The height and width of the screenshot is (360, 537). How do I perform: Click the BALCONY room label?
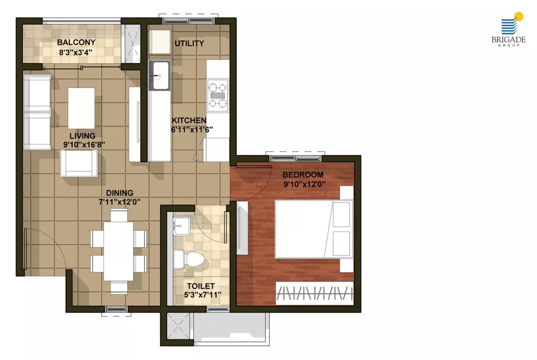pyautogui.click(x=76, y=42)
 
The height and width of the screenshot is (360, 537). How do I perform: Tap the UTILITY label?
pyautogui.click(x=189, y=43)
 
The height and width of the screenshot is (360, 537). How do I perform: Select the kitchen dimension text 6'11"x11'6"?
pyautogui.click(x=192, y=129)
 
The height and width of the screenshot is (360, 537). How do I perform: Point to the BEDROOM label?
pyautogui.click(x=303, y=174)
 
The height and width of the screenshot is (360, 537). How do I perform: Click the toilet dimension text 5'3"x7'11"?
pyautogui.click(x=202, y=295)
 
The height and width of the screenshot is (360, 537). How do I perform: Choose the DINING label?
pyautogui.click(x=120, y=193)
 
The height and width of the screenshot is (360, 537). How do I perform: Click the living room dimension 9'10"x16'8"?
pyautogui.click(x=84, y=145)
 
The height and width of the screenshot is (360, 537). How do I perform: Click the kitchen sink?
pyautogui.click(x=159, y=75)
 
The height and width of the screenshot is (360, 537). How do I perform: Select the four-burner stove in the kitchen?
pyautogui.click(x=218, y=95)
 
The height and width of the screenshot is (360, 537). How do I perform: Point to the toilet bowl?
pyautogui.click(x=189, y=259)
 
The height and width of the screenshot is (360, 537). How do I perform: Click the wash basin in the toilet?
pyautogui.click(x=182, y=225)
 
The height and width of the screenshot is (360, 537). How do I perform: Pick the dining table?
pyautogui.click(x=119, y=251)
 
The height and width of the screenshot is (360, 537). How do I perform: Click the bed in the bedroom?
pyautogui.click(x=314, y=229)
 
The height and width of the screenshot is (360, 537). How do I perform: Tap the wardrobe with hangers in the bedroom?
pyautogui.click(x=314, y=293)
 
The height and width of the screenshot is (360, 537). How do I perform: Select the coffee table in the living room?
pyautogui.click(x=81, y=108)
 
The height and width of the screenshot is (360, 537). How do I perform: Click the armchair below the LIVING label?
pyautogui.click(x=78, y=163)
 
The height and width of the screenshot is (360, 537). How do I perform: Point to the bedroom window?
pyautogui.click(x=295, y=158)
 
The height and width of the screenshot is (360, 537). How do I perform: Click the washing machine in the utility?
pyautogui.click(x=160, y=42)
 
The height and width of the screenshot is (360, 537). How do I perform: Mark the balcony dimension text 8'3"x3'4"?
pyautogui.click(x=76, y=52)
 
